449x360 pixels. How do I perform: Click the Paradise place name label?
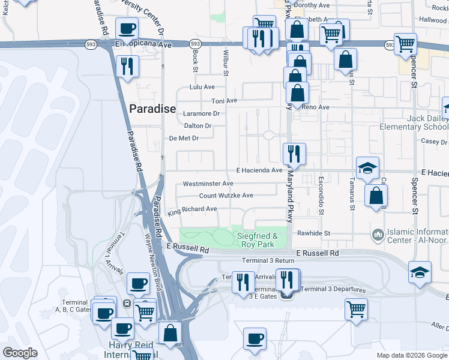click(x=152, y=109)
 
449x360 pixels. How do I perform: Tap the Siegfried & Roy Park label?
click(x=258, y=240)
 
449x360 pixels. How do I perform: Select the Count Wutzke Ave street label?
click(x=226, y=196)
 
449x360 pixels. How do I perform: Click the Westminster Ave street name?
click(x=208, y=184)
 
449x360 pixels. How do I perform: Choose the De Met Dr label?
click(x=184, y=138)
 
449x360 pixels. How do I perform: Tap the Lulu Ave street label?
click(x=202, y=87)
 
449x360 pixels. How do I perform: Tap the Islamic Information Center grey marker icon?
click(x=378, y=233)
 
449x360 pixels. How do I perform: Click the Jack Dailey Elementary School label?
click(x=414, y=123)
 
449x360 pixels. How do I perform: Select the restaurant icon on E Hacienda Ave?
click(x=294, y=153)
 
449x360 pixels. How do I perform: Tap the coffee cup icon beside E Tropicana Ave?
click(x=127, y=28)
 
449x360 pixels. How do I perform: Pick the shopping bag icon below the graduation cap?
click(x=376, y=196)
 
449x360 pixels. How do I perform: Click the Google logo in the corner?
click(x=20, y=353)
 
